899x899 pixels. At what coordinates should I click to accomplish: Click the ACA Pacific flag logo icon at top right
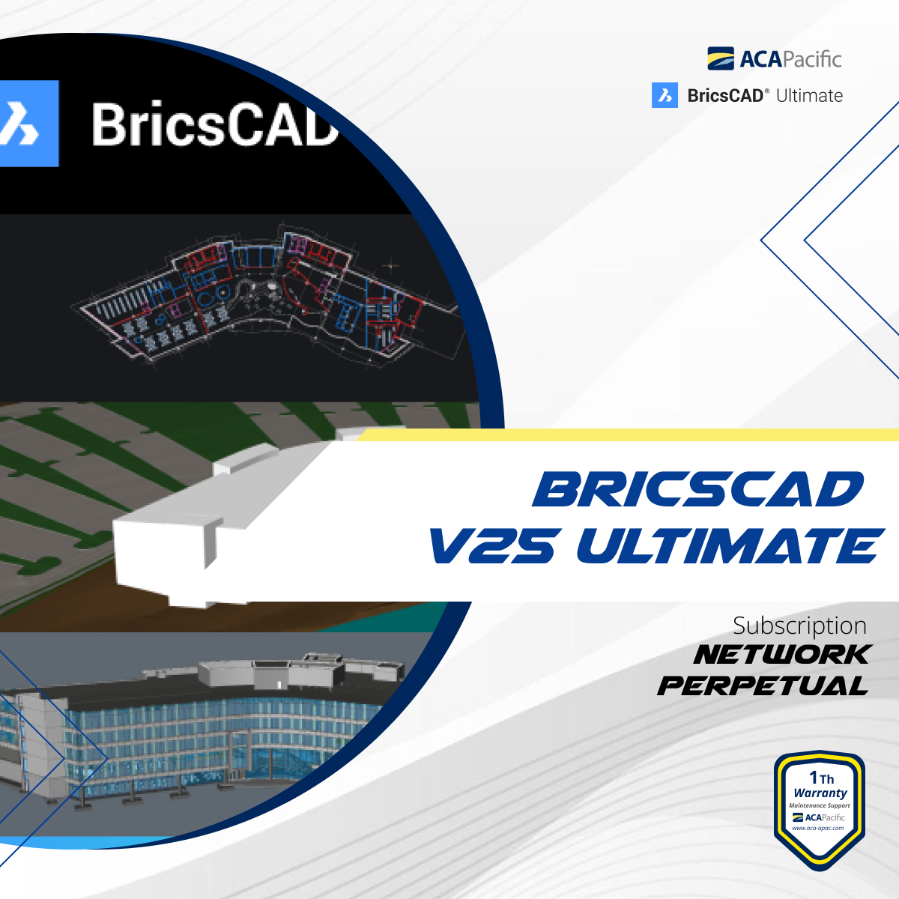[x=720, y=58]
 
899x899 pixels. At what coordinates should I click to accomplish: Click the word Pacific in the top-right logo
[x=812, y=58]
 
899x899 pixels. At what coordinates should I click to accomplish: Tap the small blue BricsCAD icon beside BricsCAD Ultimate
[x=665, y=95]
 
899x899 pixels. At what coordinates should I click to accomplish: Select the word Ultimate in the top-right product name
[x=809, y=96]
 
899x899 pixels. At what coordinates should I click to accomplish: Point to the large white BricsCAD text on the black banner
[x=214, y=124]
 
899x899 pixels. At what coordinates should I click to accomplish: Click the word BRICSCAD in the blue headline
[x=698, y=490]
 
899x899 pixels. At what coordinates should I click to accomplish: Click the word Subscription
[x=799, y=626]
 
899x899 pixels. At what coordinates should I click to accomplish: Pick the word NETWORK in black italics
[x=781, y=655]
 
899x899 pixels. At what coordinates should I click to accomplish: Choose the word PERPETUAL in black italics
[x=763, y=685]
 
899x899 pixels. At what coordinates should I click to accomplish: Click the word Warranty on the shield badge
[x=820, y=793]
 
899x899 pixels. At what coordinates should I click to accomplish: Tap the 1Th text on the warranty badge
[x=821, y=778]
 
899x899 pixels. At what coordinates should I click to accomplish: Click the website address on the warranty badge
[x=818, y=828]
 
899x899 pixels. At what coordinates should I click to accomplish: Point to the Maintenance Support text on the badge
[x=820, y=805]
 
